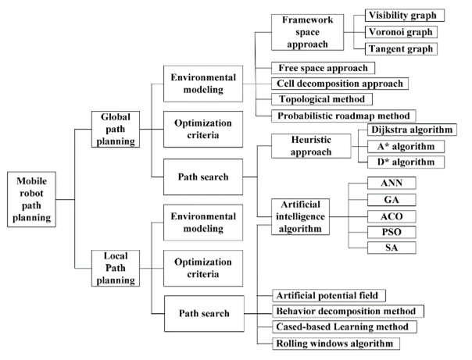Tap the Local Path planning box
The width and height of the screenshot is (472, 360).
(114, 265)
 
